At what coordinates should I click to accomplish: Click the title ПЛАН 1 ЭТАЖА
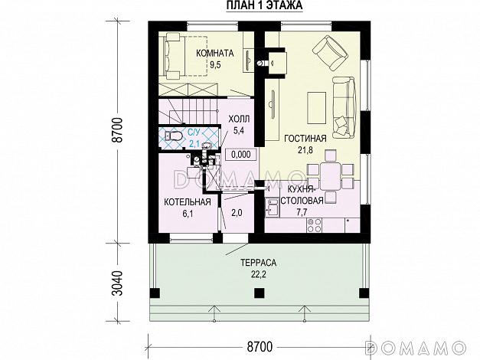coord(264,5)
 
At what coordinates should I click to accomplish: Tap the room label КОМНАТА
coord(215,54)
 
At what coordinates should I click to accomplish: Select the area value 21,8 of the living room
coord(305,150)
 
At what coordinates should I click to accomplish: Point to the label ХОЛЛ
coord(239,119)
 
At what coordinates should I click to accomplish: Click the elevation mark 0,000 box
coord(241,155)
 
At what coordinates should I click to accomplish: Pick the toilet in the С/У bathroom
coord(173,136)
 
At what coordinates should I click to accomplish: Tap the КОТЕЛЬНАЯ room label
coord(188,202)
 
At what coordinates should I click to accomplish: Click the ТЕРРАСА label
coord(258,263)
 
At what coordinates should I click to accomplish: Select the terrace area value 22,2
coord(259,274)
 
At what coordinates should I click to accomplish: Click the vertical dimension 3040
coord(118,283)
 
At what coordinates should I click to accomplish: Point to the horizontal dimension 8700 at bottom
coord(260,347)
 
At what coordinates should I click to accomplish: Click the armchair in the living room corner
coord(330,52)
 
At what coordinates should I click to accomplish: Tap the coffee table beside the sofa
coord(316,108)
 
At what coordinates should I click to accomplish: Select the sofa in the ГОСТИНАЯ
coord(344,107)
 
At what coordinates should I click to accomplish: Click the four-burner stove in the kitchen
coord(315,225)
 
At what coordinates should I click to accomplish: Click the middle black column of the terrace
coord(259,293)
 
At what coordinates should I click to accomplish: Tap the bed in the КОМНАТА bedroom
coord(186,57)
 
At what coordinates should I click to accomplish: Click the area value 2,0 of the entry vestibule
coord(237,212)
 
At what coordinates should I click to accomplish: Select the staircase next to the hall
coord(188,111)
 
